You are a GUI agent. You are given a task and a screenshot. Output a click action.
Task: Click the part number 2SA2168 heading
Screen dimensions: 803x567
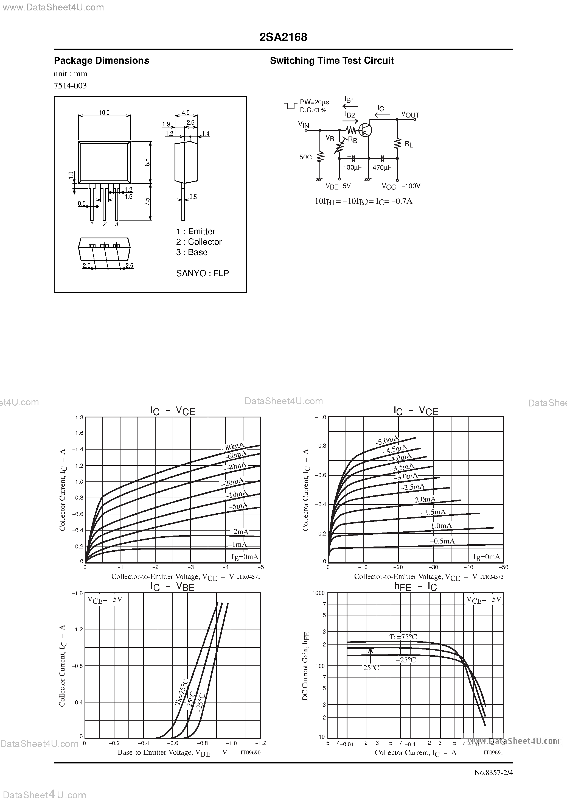point(283,37)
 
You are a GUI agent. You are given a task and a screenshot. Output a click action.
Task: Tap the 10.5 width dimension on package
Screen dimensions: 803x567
point(104,113)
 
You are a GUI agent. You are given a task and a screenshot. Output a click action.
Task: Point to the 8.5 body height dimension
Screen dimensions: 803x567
point(147,162)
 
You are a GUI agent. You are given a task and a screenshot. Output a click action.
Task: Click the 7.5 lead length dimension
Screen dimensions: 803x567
point(147,202)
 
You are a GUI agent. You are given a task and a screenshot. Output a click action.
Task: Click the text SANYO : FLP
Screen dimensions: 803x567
point(202,273)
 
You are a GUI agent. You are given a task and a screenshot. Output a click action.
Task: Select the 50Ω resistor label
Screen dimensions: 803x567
point(305,157)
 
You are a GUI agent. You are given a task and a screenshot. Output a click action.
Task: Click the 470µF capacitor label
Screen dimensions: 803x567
point(382,168)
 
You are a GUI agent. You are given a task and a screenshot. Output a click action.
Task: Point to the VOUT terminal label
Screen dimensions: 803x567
point(410,114)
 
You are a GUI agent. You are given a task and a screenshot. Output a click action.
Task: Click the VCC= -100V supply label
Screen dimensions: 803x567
point(401,186)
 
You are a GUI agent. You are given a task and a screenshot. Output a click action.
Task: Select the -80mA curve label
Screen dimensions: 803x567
point(233,447)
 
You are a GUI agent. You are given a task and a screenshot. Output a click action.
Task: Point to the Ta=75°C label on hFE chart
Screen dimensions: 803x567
point(403,637)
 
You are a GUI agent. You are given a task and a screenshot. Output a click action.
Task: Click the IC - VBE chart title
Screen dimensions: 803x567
point(172,587)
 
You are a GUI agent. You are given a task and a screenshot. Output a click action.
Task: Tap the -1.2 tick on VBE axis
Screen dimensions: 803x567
point(260,743)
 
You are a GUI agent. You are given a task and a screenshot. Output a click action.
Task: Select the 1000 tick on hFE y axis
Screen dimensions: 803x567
point(318,593)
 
